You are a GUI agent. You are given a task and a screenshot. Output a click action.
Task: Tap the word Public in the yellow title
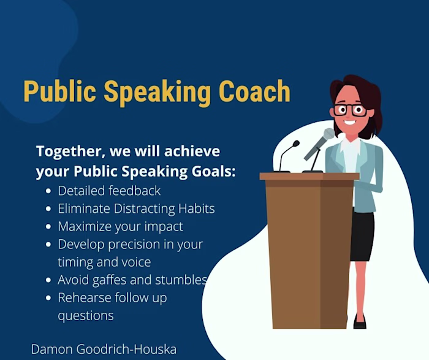pyautogui.click(x=59, y=91)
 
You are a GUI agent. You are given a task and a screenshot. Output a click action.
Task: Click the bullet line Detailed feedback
pyautogui.click(x=109, y=190)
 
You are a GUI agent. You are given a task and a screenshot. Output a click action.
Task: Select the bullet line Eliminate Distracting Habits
pyautogui.click(x=136, y=209)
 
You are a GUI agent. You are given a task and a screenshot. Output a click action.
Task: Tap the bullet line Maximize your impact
pyautogui.click(x=120, y=226)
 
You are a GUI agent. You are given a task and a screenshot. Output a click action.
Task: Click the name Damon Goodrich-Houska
pyautogui.click(x=104, y=350)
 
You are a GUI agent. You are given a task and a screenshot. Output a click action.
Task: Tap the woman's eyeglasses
pyautogui.click(x=350, y=110)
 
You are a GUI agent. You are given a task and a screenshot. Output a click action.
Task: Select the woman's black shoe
pyautogui.click(x=359, y=322)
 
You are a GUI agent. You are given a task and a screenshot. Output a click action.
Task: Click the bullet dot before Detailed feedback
pyautogui.click(x=48, y=191)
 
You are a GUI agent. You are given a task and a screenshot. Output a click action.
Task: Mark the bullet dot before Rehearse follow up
pyautogui.click(x=48, y=299)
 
